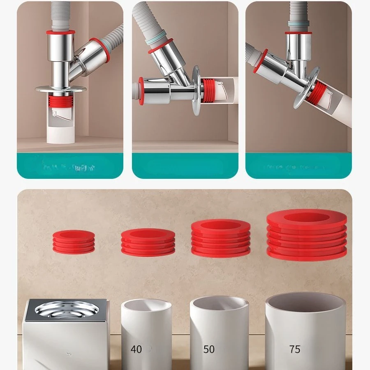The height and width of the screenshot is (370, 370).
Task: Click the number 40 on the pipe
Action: click(x=136, y=349)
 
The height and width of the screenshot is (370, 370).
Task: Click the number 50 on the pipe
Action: click(x=209, y=349)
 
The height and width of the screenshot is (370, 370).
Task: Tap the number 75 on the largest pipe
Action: click(x=294, y=349)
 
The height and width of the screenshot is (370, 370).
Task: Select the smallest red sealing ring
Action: click(x=74, y=242)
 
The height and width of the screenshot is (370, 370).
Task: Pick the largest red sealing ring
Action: click(x=306, y=235)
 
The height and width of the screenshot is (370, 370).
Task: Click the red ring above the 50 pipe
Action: click(x=221, y=238)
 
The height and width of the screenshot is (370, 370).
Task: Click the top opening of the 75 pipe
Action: click(x=305, y=302)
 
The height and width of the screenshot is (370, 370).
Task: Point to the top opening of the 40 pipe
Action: click(x=146, y=306)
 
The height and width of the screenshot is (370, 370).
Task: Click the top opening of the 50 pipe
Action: click(x=219, y=304)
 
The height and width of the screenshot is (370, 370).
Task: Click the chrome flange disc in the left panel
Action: click(x=60, y=88)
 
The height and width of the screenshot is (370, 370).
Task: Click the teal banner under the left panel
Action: click(x=70, y=166)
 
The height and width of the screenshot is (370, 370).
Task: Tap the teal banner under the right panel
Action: click(x=298, y=166)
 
